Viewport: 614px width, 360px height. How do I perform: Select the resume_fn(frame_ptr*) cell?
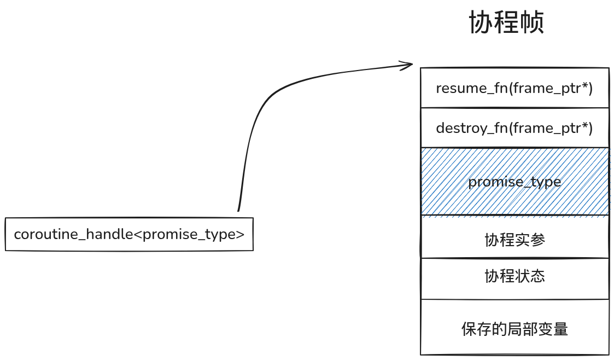point(514,88)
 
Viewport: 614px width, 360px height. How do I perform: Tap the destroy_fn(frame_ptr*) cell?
point(514,128)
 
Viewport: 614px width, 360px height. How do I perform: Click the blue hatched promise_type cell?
point(514,182)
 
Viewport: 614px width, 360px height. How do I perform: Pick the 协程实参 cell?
point(514,240)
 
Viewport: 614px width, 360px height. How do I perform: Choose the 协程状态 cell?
point(514,276)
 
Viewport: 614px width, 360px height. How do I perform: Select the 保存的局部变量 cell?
point(514,329)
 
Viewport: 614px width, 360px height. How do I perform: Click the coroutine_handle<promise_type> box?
point(129,234)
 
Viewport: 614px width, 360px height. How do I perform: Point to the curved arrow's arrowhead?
point(410,65)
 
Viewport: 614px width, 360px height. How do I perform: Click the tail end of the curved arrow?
point(238,209)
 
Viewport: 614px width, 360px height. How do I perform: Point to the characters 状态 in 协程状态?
point(530,276)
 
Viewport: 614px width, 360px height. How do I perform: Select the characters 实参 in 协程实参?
point(530,240)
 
